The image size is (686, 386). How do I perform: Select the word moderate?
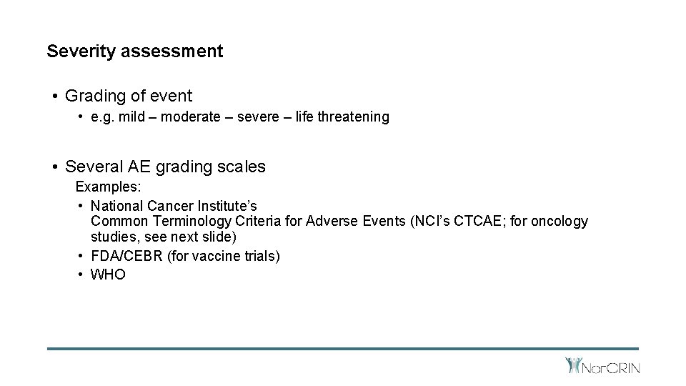(191, 117)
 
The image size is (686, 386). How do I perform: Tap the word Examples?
(109, 187)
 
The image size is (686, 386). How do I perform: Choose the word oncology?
(560, 222)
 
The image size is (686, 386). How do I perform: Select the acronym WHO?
(109, 274)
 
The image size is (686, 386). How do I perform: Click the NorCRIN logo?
(602, 367)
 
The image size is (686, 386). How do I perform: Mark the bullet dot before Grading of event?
(54, 96)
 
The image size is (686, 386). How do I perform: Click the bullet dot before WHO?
(81, 274)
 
